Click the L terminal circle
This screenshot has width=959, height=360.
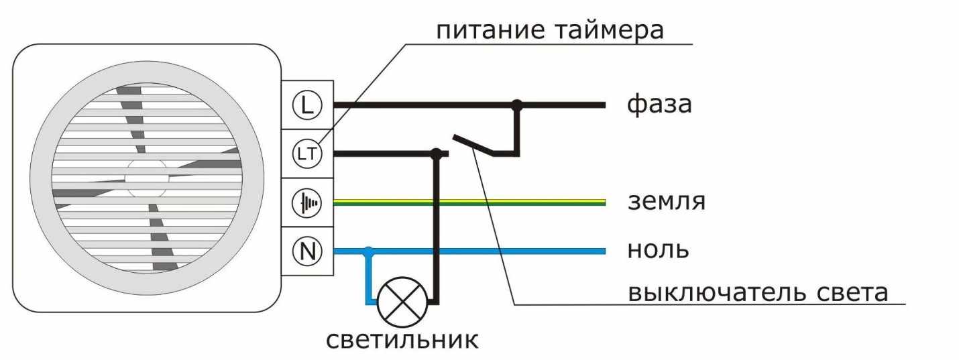point(308,105)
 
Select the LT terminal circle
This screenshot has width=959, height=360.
point(308,154)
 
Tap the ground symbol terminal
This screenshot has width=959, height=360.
point(308,202)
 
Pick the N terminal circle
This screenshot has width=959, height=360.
point(308,251)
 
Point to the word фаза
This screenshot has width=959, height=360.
point(659,105)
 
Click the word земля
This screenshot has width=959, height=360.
point(667,202)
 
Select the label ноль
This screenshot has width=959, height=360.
point(658,250)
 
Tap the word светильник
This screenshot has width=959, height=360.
point(402,339)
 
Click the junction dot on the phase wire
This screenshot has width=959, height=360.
point(516,105)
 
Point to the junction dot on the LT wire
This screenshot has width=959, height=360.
point(437,154)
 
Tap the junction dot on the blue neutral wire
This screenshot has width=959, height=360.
point(368,251)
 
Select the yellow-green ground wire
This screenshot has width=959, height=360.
point(469,202)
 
